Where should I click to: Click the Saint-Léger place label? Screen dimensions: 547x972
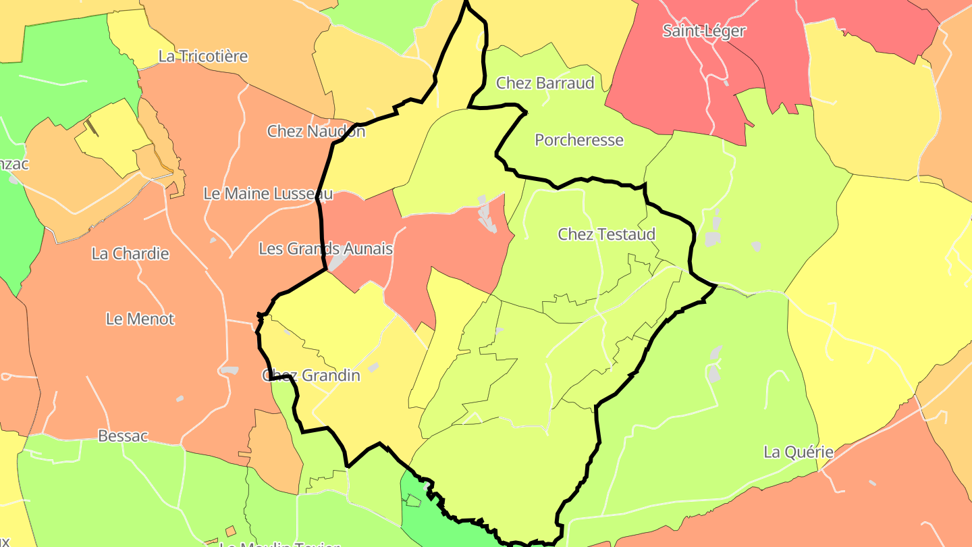(x=704, y=30)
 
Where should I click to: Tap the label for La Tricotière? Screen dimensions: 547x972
(x=203, y=56)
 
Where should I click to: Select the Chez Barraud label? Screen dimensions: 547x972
(x=545, y=83)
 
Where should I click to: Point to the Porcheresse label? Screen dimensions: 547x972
(x=579, y=140)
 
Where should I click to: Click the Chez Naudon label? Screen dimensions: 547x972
(x=316, y=131)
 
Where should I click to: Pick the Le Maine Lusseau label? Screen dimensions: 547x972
(x=268, y=194)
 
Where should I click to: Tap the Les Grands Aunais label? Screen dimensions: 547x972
(x=325, y=249)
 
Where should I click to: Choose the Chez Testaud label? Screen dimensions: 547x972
(x=606, y=234)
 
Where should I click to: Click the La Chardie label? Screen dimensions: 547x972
(x=130, y=254)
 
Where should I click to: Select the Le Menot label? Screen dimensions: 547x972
(x=140, y=319)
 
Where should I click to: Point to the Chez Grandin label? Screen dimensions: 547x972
(x=311, y=375)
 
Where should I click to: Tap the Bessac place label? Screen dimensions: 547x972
(x=123, y=436)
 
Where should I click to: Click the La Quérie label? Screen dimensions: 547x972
(x=799, y=452)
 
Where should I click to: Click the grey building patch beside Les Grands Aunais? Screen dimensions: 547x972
(x=338, y=262)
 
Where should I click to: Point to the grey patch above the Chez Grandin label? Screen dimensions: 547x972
(x=373, y=367)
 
